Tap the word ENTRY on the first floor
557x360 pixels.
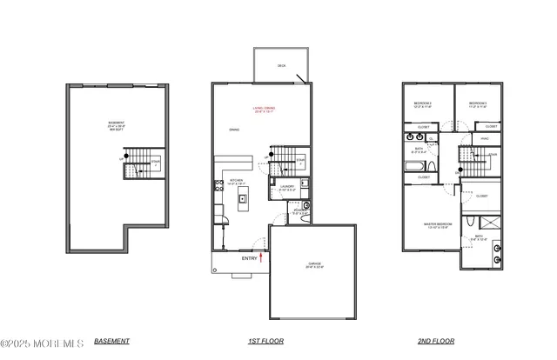pos(249,258)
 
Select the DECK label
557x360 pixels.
pos(281,66)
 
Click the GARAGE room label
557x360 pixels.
pos(313,265)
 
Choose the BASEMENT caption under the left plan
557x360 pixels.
pos(111,341)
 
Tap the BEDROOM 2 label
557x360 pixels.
pos(424,104)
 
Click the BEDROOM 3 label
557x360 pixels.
pos(479,104)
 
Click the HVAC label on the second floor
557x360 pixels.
pos(485,137)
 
